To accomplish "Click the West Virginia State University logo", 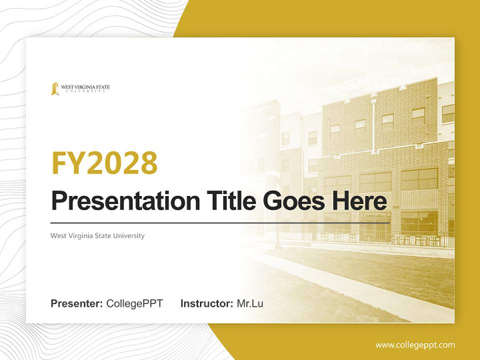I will tap(80, 88).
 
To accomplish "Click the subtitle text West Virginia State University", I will tap(97, 235).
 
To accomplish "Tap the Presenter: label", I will tap(77, 303).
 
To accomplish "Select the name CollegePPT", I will tap(134, 303).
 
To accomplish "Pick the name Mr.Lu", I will tap(250, 303).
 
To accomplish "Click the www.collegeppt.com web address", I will tap(415, 345).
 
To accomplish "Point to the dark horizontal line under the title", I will tap(220, 222).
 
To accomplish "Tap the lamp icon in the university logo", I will tap(54, 88).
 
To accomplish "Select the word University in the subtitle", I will tap(128, 235).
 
